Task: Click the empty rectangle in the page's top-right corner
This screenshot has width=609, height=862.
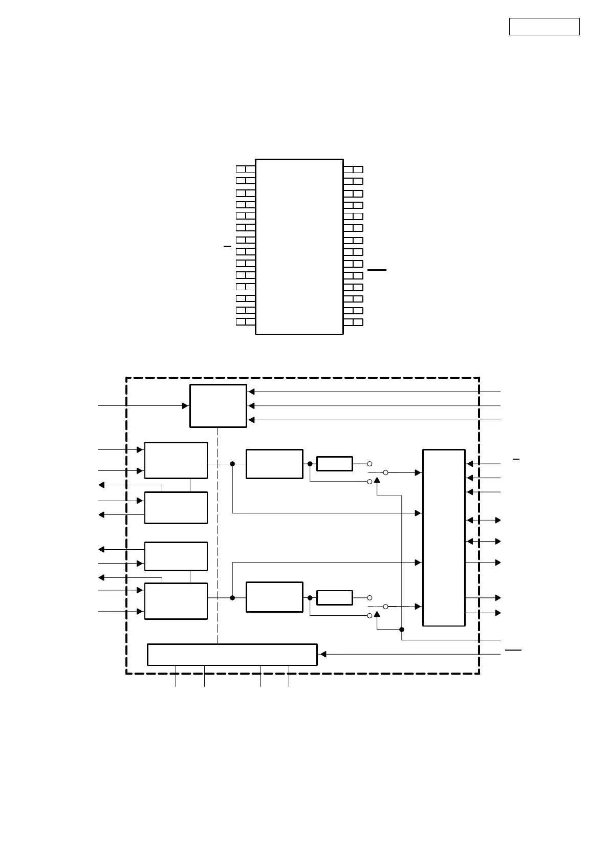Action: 544,27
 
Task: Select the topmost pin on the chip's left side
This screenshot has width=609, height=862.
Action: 246,169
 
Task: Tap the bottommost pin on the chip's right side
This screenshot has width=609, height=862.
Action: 353,322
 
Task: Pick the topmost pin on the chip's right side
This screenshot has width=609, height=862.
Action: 353,169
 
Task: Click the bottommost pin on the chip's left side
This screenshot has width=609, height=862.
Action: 246,321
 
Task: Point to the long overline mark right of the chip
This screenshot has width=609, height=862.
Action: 377,269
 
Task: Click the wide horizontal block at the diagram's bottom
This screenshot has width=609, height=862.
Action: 232,654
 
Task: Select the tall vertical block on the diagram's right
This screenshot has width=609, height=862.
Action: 444,537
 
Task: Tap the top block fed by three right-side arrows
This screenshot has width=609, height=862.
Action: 218,405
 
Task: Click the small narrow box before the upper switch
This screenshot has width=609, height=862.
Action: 335,464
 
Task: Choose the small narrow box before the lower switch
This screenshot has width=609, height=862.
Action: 335,598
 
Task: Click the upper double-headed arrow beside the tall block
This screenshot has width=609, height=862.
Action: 484,520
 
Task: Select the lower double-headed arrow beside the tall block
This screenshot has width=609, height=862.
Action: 484,541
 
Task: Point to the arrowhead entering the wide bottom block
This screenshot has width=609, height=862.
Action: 322,654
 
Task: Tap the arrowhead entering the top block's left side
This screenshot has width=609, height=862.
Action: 186,405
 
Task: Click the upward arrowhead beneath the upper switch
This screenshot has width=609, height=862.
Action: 377,479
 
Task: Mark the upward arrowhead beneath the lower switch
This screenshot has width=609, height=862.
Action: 377,613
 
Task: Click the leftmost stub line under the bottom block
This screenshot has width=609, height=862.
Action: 176,676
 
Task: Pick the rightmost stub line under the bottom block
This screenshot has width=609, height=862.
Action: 289,676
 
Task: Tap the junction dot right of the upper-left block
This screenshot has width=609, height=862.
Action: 232,464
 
